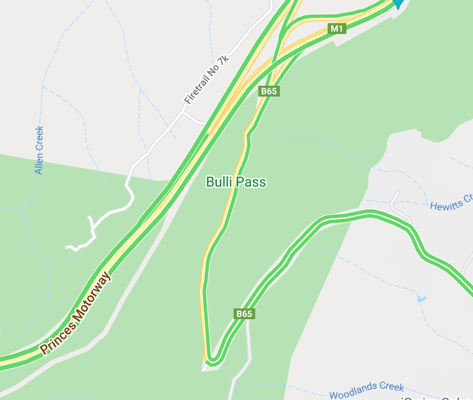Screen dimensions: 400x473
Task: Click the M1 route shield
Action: (x=337, y=29)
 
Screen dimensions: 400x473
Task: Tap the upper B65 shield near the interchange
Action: (x=269, y=91)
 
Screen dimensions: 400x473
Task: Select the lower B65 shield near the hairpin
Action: (x=244, y=314)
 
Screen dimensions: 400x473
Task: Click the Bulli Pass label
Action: (x=236, y=182)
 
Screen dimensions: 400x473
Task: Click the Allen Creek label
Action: (x=39, y=150)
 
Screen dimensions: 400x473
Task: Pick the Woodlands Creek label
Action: (x=367, y=391)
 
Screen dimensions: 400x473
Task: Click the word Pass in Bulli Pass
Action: (x=251, y=182)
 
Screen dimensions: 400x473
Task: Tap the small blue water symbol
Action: (x=421, y=299)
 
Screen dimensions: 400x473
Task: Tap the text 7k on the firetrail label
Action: (x=225, y=60)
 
